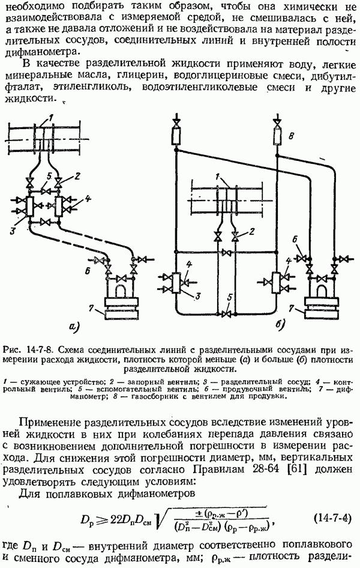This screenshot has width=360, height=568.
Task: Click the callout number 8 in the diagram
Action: [x=292, y=136]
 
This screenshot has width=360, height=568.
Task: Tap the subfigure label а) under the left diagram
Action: [x=74, y=327]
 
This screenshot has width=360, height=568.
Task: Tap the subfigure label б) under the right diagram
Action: [x=280, y=325]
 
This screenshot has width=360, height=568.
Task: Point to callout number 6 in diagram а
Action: [x=86, y=271]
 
